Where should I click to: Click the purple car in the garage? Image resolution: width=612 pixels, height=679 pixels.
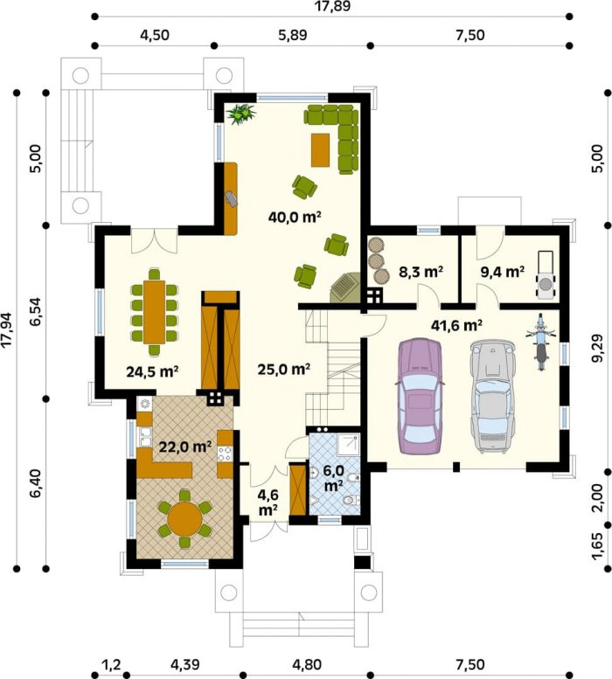pos(421,396)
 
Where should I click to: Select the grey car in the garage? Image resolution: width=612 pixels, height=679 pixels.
pos(493,396)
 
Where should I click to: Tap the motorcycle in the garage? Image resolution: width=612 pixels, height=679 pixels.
pos(540,342)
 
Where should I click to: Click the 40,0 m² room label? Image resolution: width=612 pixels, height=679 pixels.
pos(295,217)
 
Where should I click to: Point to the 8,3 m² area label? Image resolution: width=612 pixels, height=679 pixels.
pos(421,272)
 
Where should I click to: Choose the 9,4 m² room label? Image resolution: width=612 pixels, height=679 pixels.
pos(503,272)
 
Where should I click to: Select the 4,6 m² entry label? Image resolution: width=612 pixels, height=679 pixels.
pos(268,502)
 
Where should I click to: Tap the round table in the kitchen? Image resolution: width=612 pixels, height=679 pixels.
pos(185,518)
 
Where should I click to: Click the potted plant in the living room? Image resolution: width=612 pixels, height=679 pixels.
pos(240,114)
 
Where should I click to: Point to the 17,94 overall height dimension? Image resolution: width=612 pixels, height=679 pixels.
pos(7,330)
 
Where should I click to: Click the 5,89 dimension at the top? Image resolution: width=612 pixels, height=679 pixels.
pos(293,35)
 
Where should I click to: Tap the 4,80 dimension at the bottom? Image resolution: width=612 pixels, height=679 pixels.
pos(307,664)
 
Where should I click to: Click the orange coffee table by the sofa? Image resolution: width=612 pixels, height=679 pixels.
pos(320,149)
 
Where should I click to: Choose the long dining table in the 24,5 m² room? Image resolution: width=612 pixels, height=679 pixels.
pos(154,312)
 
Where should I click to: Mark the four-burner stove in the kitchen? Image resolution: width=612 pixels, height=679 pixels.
pos(225,454)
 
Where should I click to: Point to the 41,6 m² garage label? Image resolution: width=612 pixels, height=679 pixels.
pos(456,325)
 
